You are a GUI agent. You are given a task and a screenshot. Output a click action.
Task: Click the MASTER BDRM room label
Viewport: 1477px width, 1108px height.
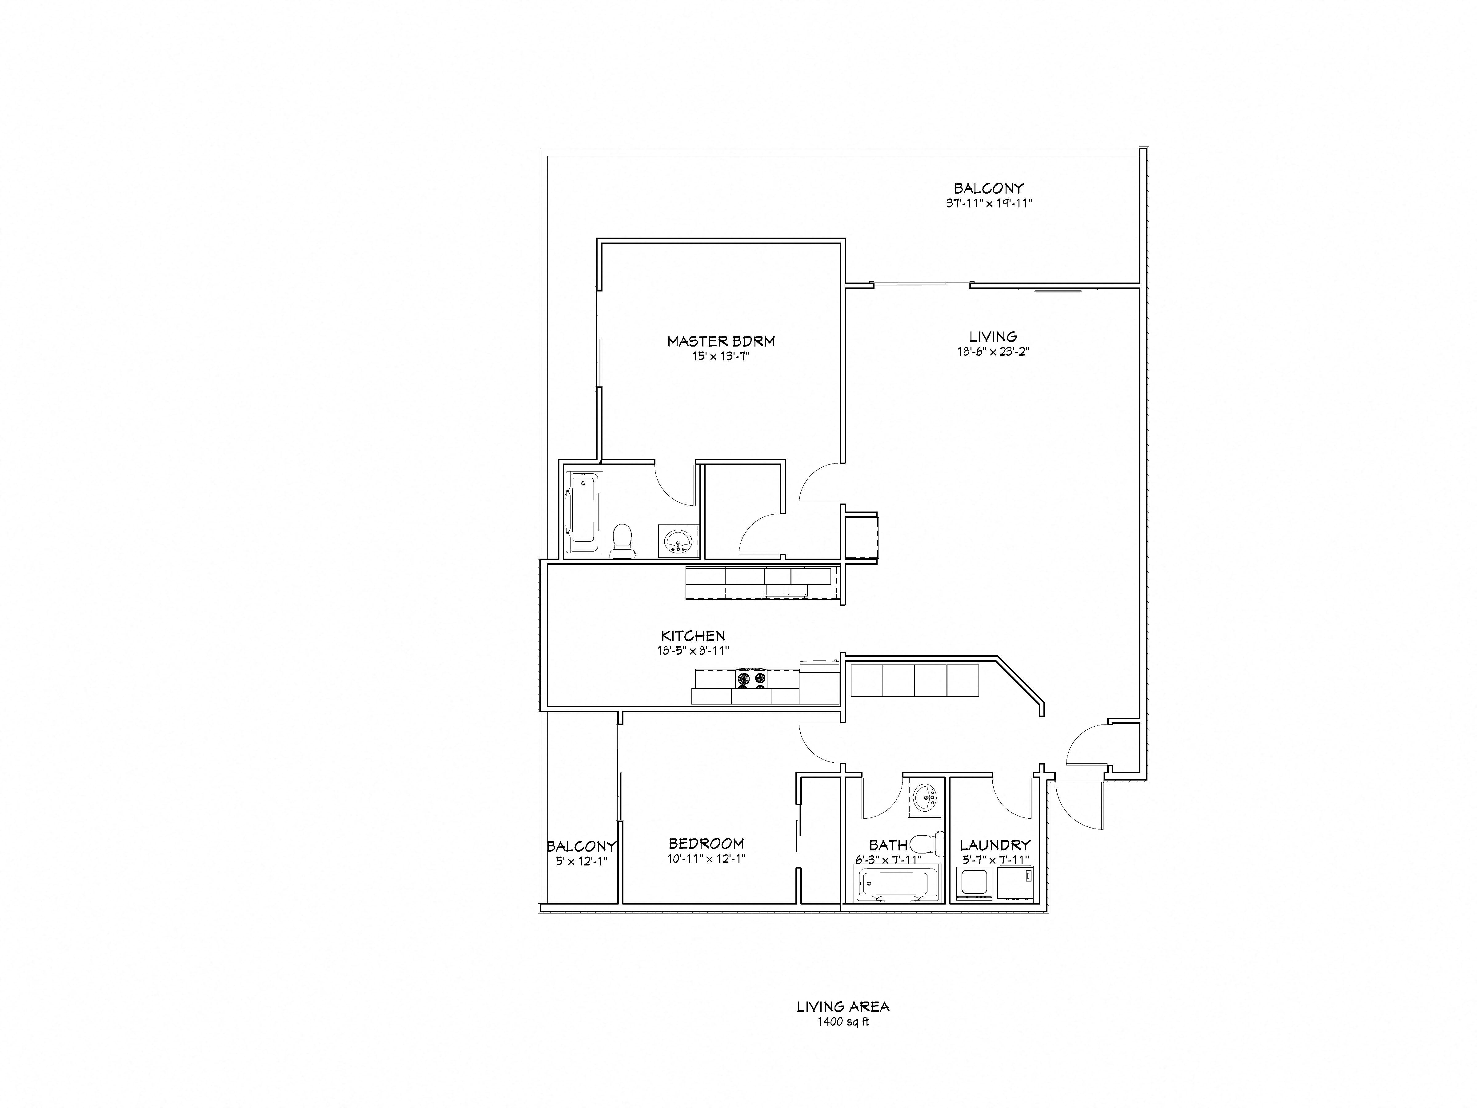coord(721,341)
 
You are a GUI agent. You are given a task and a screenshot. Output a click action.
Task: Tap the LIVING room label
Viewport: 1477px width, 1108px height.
coord(993,337)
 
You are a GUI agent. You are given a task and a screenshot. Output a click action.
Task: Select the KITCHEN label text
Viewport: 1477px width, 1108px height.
coord(693,636)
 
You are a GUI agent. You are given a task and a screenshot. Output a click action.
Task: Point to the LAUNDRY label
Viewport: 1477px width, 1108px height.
coord(995,845)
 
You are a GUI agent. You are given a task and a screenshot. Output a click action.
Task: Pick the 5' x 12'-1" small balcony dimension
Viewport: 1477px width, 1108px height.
coord(581,861)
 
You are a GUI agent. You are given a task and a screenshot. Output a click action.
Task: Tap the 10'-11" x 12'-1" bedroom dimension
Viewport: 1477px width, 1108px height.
coord(706,859)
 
